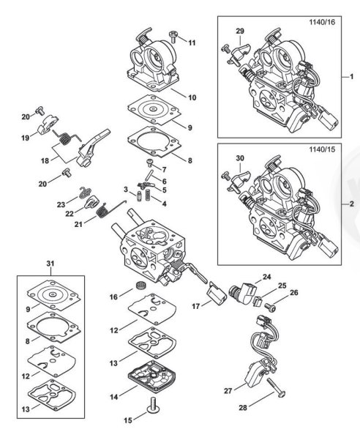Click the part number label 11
pos(192,42)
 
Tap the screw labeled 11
pos(173,37)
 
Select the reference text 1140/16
pos(322,22)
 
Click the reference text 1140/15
pos(322,149)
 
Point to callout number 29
pos(240,31)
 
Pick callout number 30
pos(240,158)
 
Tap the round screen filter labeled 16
pos(140,286)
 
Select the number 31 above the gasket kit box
pos(50,264)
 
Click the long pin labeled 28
pos(276,388)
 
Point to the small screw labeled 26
pos(270,308)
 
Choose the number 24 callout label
pos(266,277)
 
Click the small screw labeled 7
pos(151,163)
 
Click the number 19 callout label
pos(26,138)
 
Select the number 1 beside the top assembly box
pos(351,77)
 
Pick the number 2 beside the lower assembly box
pos(351,204)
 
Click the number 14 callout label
pos(114,397)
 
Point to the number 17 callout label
pos(195,306)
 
